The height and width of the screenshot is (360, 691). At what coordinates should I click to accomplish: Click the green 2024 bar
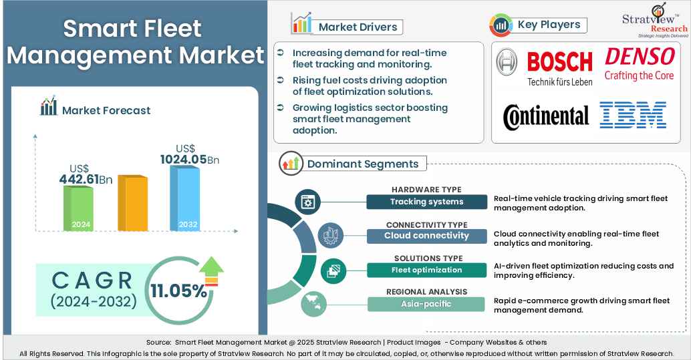79,208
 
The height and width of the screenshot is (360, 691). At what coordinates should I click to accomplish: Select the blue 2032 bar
185,198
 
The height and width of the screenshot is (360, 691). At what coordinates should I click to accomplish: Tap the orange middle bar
132,204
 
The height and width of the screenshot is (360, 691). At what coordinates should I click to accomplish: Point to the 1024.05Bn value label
189,159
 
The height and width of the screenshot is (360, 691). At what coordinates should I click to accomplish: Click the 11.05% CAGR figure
178,291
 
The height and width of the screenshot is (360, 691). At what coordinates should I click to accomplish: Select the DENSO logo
639,63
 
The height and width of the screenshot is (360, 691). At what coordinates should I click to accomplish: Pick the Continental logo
546,116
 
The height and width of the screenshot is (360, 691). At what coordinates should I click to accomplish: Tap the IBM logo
632,115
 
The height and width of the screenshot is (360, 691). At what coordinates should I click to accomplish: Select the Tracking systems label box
426,202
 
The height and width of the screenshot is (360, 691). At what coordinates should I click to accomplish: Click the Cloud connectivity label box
426,236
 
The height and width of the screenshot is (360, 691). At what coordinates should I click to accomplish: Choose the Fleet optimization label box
426,270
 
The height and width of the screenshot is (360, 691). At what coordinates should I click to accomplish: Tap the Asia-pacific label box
426,304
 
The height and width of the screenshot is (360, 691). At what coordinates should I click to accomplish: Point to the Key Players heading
549,25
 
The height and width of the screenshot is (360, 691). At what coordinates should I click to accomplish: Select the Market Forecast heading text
106,110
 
